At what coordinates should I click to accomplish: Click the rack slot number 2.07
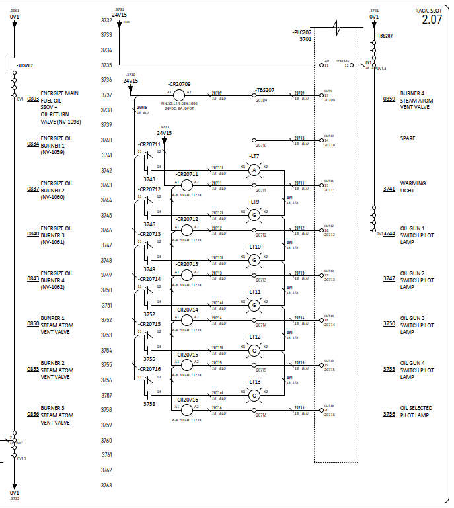432,19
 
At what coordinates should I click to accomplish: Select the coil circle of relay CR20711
187,185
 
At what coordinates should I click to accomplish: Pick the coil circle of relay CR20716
187,410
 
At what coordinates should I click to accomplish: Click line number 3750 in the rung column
106,290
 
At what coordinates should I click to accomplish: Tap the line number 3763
106,486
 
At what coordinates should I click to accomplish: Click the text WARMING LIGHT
413,187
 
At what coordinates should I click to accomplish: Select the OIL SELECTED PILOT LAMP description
416,412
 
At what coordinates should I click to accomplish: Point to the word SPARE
408,138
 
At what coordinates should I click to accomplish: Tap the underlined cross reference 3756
389,415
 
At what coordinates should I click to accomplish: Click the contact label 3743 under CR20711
149,179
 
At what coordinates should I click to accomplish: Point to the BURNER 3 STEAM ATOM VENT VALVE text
56,415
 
